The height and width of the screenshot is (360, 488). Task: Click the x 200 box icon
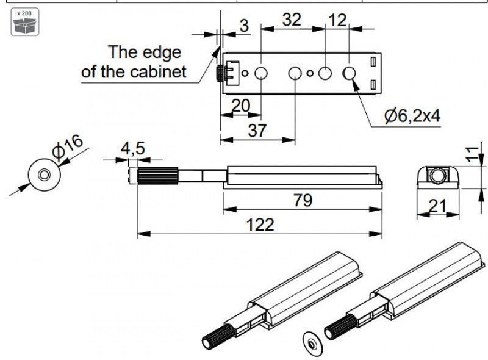pos(25,22)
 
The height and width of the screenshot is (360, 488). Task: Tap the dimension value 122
pos(260,225)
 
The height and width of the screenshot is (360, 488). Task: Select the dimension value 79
pos(303,200)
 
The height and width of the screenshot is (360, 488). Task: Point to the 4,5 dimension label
pos(133,148)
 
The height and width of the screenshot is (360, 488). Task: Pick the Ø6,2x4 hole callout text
pos(412,116)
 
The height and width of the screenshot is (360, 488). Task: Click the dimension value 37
pos(257,130)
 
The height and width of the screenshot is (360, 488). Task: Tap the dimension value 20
pos(240,106)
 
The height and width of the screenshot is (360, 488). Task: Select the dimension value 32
pos(292,20)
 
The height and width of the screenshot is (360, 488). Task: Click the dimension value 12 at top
pos(337,21)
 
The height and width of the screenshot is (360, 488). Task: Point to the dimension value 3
pos(245,26)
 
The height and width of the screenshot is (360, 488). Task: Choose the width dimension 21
pos(437,206)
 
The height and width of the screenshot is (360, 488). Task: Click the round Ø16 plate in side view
pos(44,175)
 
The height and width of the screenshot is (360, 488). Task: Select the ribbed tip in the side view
pos(158,176)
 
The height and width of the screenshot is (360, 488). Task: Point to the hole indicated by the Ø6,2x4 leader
pos(349,73)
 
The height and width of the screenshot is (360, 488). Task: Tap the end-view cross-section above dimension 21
pos(438,178)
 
